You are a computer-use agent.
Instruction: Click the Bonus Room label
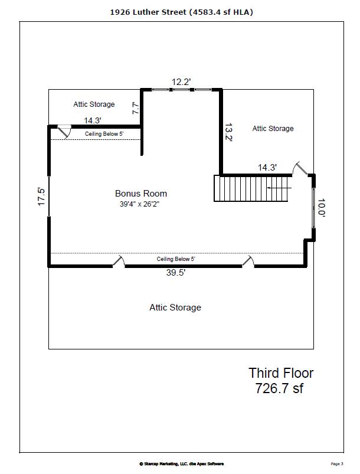coord(141,194)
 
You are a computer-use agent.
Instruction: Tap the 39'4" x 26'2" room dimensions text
coord(139,204)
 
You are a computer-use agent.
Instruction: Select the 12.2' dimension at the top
coord(181,82)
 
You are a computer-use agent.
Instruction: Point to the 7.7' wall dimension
coord(135,108)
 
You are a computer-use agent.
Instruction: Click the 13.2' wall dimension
coord(228,132)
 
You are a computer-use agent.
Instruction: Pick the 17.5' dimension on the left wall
coord(41,197)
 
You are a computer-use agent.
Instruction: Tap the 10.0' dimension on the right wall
coord(321,208)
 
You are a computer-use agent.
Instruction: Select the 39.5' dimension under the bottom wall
coord(176,273)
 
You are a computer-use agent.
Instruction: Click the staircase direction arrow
coord(279,188)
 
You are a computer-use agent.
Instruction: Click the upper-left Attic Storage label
coord(94,104)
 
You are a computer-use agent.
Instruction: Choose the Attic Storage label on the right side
coord(273,129)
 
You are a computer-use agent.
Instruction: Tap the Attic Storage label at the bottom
coord(175,308)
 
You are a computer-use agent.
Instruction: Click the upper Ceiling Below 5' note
coord(104,134)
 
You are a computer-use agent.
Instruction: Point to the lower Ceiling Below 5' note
coord(176,259)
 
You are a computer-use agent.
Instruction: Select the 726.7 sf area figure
coord(279,388)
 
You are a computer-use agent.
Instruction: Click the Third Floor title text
coord(281,373)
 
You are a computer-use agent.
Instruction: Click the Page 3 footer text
coord(337,464)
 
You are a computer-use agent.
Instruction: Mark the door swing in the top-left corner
coord(64,132)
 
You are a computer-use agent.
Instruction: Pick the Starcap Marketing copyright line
coord(181,464)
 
